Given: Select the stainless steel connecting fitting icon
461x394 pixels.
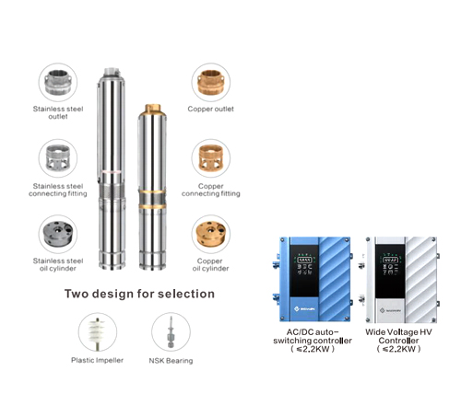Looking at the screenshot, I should click(x=54, y=157).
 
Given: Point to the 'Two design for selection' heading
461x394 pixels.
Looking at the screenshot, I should click(x=139, y=294).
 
